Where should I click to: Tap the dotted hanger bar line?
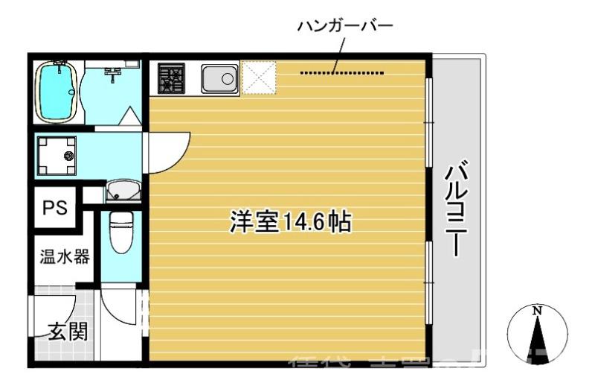pos(343,73)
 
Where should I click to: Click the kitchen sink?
pos(219,77)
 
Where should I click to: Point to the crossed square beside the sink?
pos(260,77)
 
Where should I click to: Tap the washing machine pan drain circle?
pos(69,156)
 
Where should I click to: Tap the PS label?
pos(54,207)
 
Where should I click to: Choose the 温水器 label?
pos(65,257)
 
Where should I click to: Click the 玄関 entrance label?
pos(68,332)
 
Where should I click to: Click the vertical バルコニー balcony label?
pos(454,209)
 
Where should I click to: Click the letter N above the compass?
pos(537,309)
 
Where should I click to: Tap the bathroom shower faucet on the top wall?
pos(113,72)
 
